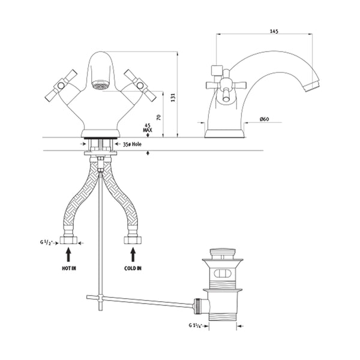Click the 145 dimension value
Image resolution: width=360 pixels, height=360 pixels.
tap(274, 31)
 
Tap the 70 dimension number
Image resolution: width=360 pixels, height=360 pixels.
tap(158, 117)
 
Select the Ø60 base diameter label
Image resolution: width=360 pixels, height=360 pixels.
tap(264, 119)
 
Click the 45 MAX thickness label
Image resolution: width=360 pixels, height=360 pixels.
tap(148, 128)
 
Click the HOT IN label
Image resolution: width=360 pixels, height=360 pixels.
tap(68, 268)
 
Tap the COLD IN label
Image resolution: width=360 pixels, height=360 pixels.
tap(133, 268)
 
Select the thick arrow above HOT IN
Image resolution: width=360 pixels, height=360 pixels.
tap(68, 255)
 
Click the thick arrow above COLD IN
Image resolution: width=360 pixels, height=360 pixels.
tap(133, 255)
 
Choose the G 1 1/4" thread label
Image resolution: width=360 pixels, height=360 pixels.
tap(195, 325)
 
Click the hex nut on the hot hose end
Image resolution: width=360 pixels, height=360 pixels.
tap(68, 240)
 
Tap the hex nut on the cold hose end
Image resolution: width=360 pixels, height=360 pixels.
tap(133, 240)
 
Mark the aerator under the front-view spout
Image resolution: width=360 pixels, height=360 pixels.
tap(100, 84)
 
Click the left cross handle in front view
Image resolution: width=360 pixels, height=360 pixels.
tap(61, 86)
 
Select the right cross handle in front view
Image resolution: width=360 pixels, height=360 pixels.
tap(140, 86)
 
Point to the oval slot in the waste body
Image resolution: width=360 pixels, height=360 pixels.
tap(222, 274)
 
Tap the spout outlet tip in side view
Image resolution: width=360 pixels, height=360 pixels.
tap(312, 85)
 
